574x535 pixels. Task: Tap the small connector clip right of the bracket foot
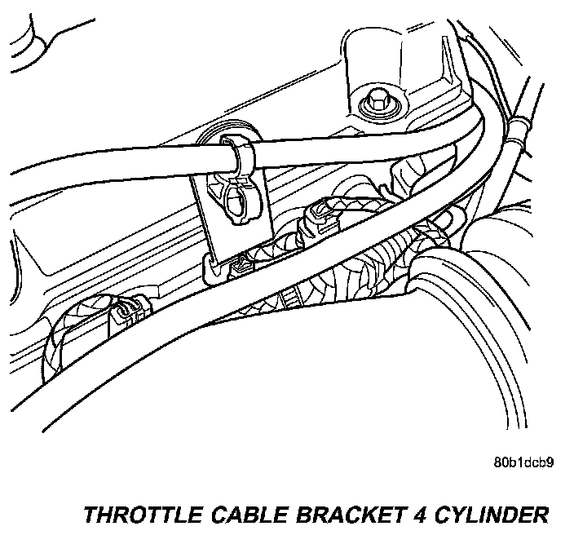coord(241,263)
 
